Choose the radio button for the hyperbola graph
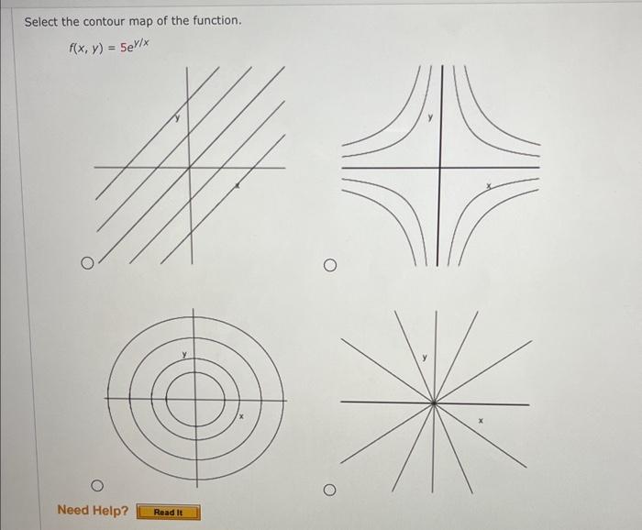coord(329,266)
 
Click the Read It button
coord(168,512)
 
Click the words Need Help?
coord(93,510)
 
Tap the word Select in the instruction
coord(41,20)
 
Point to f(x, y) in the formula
coord(88,48)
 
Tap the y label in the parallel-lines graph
coord(179,116)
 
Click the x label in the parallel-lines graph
coord(238,186)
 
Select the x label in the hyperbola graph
coord(489,186)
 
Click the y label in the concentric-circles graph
coord(183,354)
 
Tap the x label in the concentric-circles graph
coord(240,417)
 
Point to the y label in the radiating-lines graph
coord(425,358)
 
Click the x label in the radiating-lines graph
coord(480,423)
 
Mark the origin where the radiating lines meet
coord(434,403)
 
